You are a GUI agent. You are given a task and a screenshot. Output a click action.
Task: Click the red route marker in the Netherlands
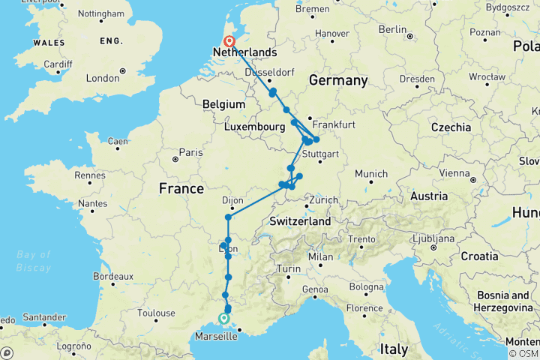click(x=229, y=43)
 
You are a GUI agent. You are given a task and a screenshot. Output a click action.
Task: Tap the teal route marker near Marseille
click(x=223, y=318)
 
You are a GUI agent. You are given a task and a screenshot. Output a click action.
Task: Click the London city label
click(x=103, y=78)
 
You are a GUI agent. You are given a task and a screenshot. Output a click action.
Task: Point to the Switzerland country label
click(x=300, y=222)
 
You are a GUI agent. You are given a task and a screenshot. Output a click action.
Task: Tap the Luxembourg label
click(x=256, y=127)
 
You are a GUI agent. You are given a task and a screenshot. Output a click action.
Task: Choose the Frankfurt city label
click(x=334, y=124)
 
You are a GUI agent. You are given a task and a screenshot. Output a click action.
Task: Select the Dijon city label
click(x=235, y=201)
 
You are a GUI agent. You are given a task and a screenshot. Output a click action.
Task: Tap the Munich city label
click(x=372, y=174)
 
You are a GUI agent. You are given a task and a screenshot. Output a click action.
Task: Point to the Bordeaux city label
click(x=112, y=276)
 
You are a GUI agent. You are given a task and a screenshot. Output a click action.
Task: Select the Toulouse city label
click(x=157, y=313)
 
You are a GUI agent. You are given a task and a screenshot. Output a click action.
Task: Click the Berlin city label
click(x=392, y=28)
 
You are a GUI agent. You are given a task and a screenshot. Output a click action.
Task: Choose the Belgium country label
click(x=223, y=104)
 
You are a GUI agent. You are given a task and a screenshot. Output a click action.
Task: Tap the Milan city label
click(x=321, y=256)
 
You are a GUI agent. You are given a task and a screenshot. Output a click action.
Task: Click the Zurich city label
click(x=324, y=200)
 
